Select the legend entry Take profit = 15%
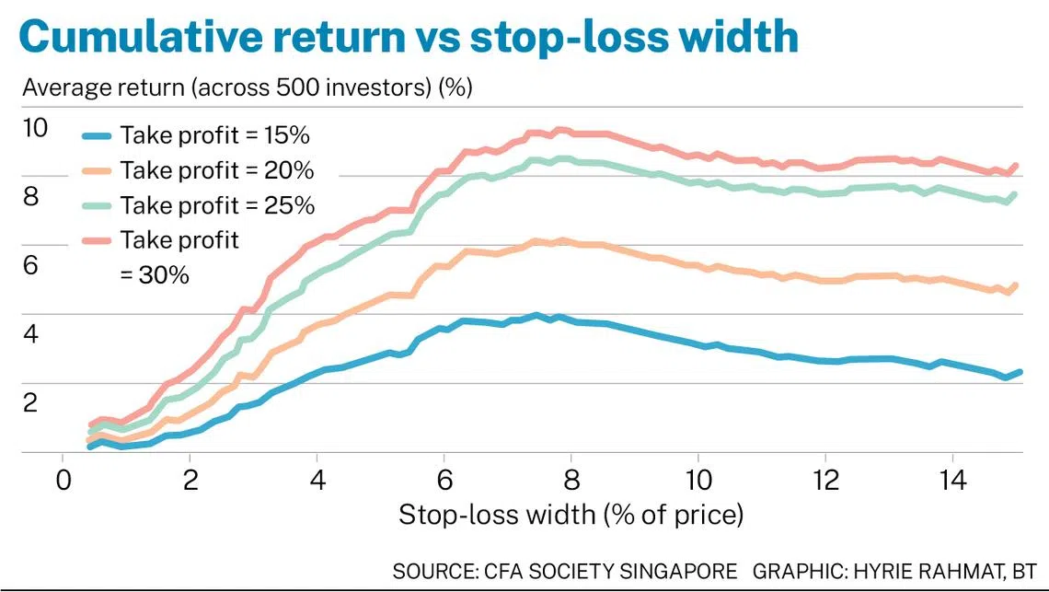(213, 135)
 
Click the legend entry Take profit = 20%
(217, 170)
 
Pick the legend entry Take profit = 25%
(217, 205)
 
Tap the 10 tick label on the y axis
(34, 128)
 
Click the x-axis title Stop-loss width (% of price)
(571, 515)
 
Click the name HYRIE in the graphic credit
(870, 571)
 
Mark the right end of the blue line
(1020, 372)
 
